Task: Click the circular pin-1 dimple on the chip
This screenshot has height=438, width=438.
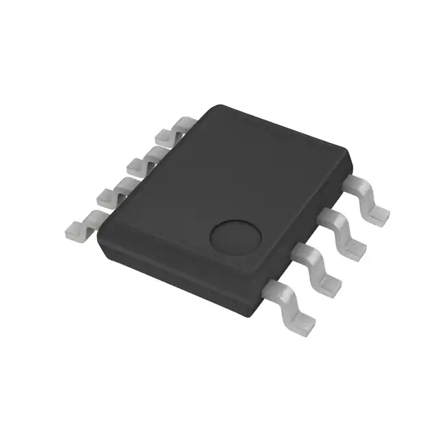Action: pyautogui.click(x=234, y=237)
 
